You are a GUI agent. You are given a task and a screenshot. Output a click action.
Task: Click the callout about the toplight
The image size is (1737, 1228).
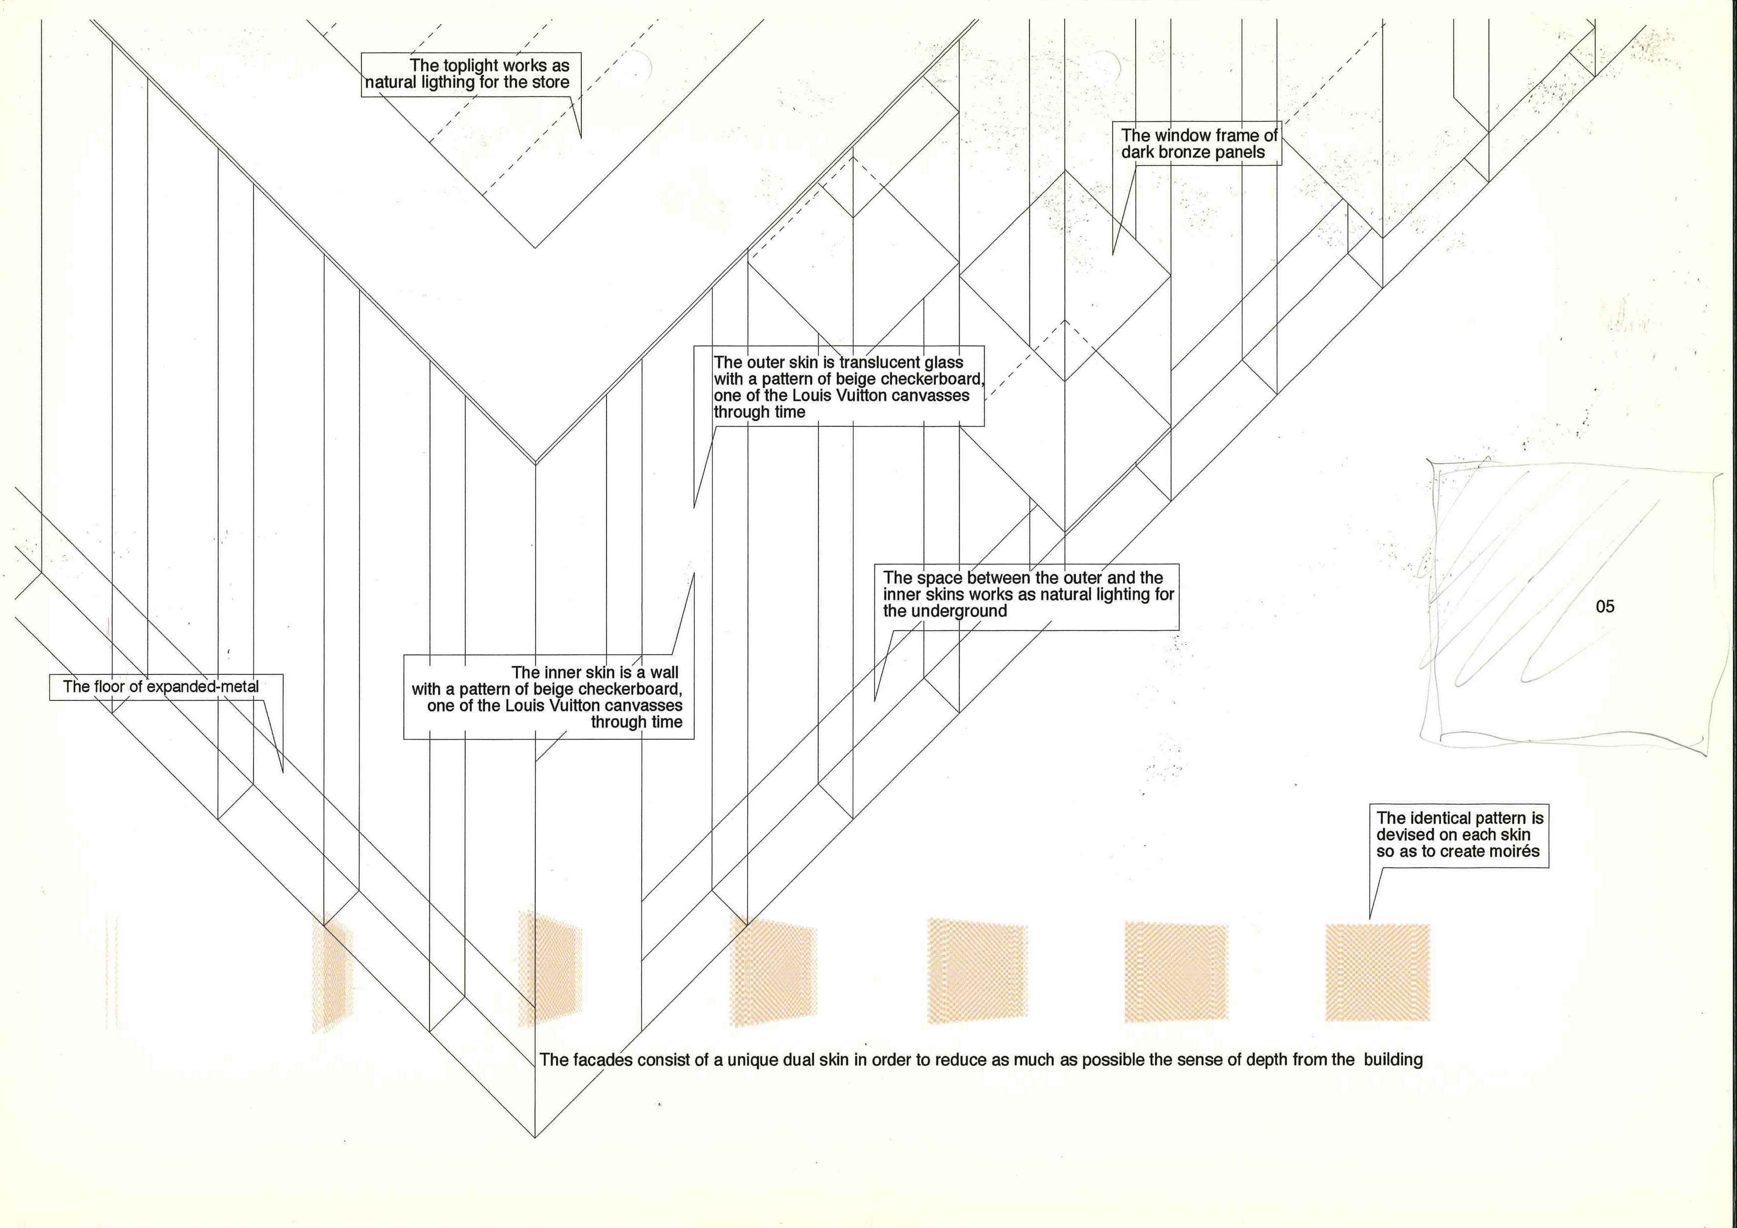(x=470, y=74)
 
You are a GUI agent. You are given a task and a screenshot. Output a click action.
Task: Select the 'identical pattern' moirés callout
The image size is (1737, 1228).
(x=1459, y=834)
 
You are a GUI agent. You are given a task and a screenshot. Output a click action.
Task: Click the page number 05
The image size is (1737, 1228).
(x=1605, y=606)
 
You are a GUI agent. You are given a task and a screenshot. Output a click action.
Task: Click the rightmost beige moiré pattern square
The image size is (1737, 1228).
(x=1378, y=973)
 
